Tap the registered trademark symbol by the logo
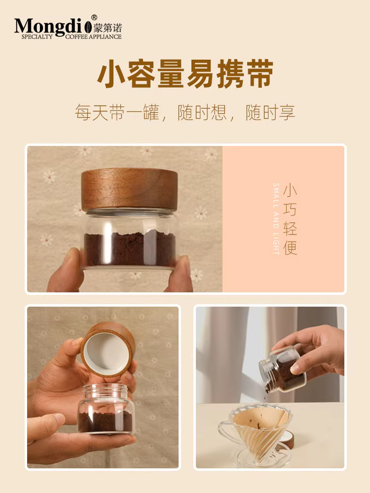tap(94, 17)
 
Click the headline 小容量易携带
tap(185, 75)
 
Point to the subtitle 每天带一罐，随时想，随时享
tap(185, 112)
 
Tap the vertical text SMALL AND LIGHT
tap(276, 219)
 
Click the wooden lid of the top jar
tap(129, 190)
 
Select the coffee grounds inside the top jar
tap(129, 249)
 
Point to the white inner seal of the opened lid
tap(107, 352)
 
